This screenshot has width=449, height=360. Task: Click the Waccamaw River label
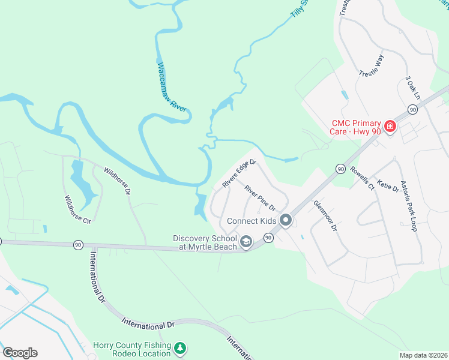pos(172,86)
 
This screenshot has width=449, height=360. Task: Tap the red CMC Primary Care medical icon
pos(390,126)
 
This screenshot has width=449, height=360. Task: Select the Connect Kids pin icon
pos(286,221)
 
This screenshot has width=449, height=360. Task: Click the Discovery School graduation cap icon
pos(246,242)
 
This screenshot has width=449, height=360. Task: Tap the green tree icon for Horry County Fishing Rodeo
pos(179,348)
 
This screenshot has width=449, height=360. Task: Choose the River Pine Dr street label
pos(259,198)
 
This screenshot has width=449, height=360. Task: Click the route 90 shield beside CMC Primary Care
pos(412,109)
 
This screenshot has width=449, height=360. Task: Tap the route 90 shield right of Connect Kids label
pos(268,238)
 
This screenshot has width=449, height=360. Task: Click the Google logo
pos(20,353)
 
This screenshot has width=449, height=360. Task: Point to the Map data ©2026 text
pos(423,355)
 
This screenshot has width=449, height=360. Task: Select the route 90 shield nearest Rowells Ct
pos(340,169)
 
